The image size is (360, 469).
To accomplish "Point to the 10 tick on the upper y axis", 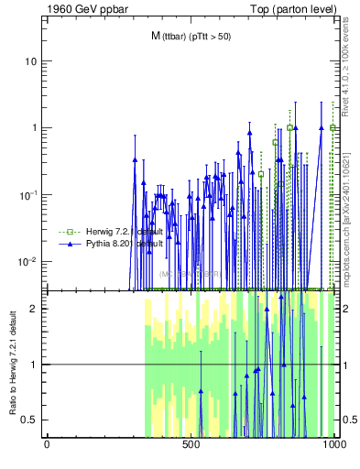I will coord(31,61).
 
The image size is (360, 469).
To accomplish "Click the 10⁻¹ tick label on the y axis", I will coord(29,194).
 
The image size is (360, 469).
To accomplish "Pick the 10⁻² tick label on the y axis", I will coord(29,262).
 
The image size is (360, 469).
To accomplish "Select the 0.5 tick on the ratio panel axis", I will coord(30,420).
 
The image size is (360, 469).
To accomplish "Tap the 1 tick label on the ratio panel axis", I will coord(35,365).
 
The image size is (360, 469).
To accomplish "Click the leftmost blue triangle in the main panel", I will coord(135,159).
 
